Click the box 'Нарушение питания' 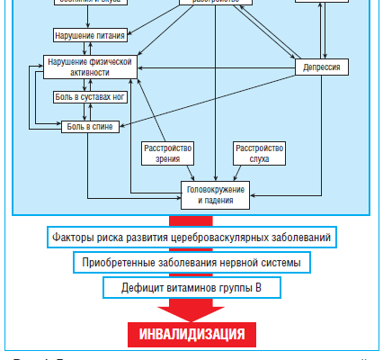click(89, 36)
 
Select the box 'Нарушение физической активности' click(89, 67)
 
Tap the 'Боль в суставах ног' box click(86, 96)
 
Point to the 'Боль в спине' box click(88, 127)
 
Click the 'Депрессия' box click(322, 67)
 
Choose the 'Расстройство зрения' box click(169, 153)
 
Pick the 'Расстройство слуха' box click(259, 153)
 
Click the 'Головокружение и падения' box click(216, 194)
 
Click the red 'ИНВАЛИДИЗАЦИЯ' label click(191, 335)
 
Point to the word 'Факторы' click(73, 238)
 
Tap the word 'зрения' click(169, 159)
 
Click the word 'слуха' click(259, 159)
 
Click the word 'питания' click(108, 36)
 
